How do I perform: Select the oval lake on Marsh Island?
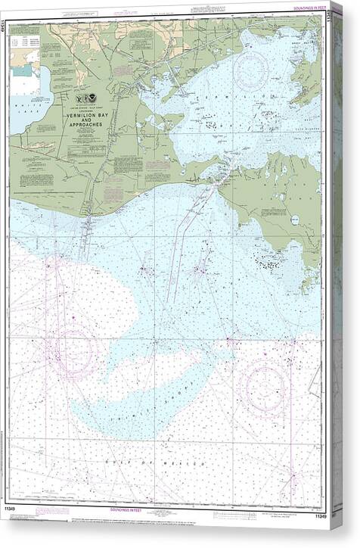(294, 220)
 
